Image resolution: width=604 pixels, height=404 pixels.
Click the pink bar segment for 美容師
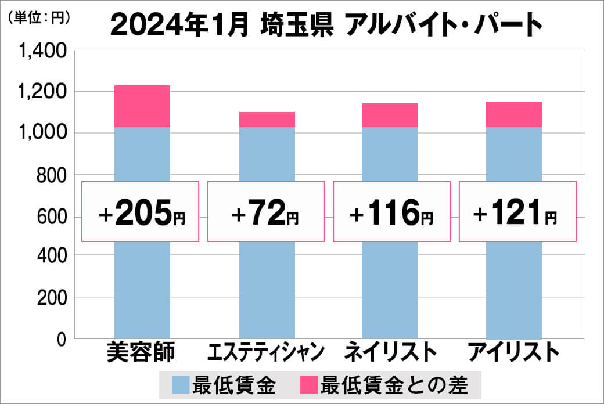142,106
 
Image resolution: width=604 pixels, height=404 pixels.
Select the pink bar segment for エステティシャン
267,120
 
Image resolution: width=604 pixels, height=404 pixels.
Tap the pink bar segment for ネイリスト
390,115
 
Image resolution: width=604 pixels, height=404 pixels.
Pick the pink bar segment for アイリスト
514,114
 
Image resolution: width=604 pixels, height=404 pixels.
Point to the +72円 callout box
266,212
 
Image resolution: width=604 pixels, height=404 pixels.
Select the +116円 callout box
391,212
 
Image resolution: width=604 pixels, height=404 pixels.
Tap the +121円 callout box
517,212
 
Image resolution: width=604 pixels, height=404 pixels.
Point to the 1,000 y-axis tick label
44,133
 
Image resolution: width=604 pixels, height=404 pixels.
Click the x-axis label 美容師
141,352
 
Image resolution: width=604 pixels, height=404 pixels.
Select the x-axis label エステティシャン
267,352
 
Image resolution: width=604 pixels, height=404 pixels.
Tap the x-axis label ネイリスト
390,352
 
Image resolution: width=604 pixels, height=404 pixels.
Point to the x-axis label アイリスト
515,352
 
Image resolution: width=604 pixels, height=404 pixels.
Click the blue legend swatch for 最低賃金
180,384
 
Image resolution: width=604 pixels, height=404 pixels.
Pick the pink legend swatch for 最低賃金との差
308,384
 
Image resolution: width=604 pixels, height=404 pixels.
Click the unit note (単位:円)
39,18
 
